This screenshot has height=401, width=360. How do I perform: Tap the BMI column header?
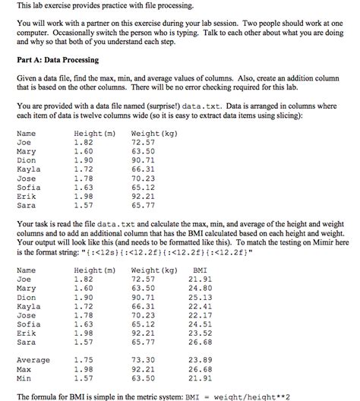coord(201,270)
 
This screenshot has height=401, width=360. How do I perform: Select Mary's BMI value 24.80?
coord(201,288)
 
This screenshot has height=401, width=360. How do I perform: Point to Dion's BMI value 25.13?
coord(201,297)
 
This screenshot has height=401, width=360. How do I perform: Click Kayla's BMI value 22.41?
coord(201,306)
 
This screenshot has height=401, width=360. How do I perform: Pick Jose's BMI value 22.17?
coord(201,315)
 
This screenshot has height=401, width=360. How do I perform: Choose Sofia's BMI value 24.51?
coord(201,324)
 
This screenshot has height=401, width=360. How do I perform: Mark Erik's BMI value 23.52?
coord(201,333)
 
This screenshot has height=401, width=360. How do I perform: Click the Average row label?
coord(33,360)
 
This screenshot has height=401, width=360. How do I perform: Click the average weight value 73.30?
coord(143,360)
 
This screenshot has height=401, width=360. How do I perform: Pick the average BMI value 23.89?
coord(201,360)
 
